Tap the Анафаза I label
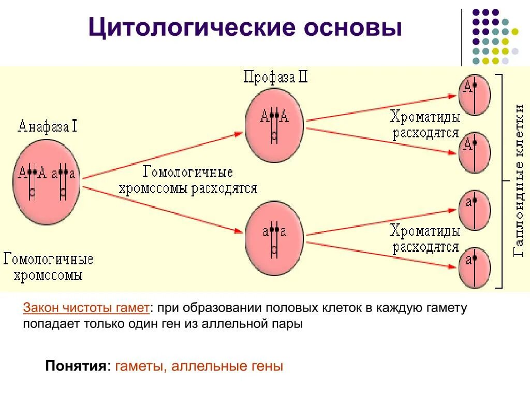tap(47, 126)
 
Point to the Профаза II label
tap(276, 78)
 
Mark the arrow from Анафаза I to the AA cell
tap(163, 155)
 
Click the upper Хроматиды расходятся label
tap(425, 124)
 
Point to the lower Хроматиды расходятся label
tap(425, 238)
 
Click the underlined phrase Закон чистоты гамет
tap(86, 308)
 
